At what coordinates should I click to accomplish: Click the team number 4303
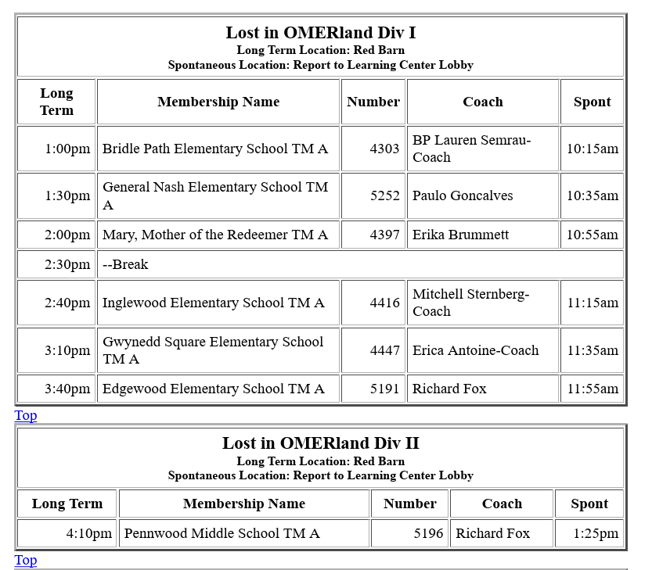click(x=384, y=149)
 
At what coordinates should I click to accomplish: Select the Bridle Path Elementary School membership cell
click(x=215, y=149)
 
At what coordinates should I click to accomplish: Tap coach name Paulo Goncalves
click(x=463, y=195)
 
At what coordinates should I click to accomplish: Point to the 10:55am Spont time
click(x=592, y=235)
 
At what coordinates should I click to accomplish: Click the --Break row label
click(x=125, y=264)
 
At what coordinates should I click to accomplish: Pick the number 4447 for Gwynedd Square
click(x=384, y=350)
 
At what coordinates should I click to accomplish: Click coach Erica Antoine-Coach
click(x=475, y=350)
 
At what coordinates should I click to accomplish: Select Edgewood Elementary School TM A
click(x=213, y=389)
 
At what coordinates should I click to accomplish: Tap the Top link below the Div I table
click(x=26, y=415)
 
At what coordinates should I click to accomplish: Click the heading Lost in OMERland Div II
click(x=320, y=443)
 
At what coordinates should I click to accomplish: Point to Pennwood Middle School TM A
click(x=222, y=533)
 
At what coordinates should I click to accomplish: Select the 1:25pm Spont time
click(x=596, y=533)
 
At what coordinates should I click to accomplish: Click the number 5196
click(x=428, y=533)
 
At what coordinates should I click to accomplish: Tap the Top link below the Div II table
click(x=26, y=560)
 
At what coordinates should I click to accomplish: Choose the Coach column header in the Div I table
click(x=482, y=102)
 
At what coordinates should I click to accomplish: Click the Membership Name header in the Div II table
click(x=243, y=504)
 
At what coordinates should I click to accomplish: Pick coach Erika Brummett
click(x=460, y=235)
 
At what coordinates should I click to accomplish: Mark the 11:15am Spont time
click(x=592, y=303)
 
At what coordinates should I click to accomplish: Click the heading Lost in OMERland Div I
click(x=320, y=33)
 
